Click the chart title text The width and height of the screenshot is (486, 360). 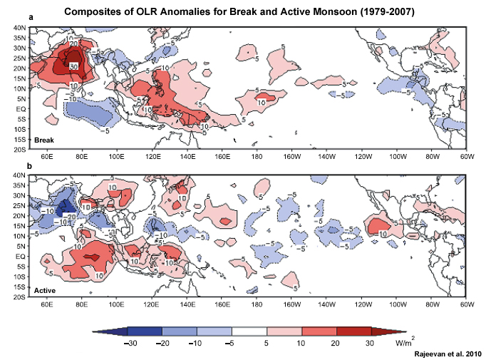tap(242, 12)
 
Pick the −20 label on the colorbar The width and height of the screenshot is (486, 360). tap(162, 342)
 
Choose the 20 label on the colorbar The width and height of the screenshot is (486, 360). tap(336, 342)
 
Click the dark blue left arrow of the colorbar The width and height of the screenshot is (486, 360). tap(110, 331)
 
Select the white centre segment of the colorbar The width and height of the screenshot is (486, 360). tap(249, 331)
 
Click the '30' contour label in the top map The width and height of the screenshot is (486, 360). tap(73, 65)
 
